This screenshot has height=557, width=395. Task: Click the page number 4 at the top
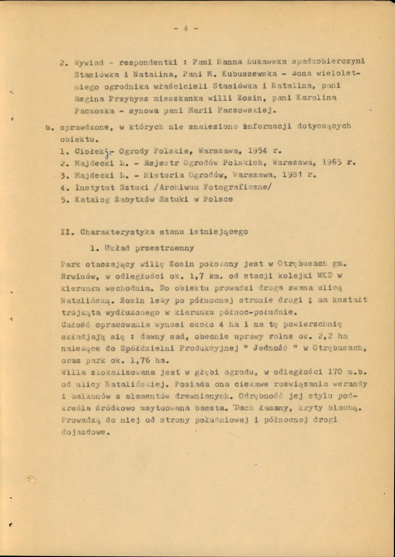pyautogui.click(x=185, y=28)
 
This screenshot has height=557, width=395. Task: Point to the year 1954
pyautogui.click(x=257, y=151)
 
